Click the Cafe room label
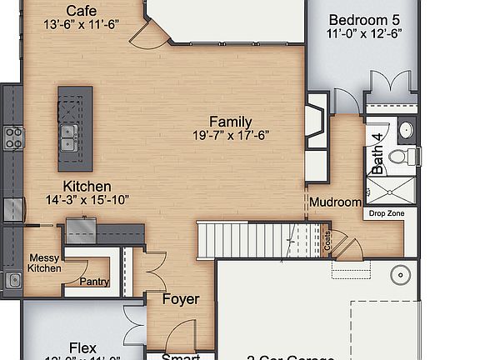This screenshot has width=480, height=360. [x=81, y=10]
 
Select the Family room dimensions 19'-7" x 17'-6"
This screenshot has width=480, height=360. [x=230, y=135]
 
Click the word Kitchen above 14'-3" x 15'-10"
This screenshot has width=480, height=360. [x=87, y=186]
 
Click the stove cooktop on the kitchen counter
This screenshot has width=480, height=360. [x=13, y=137]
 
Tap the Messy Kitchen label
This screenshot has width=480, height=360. [x=45, y=262]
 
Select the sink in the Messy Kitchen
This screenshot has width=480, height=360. [x=13, y=279]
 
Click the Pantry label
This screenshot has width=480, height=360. [x=94, y=282]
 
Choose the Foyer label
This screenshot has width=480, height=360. [x=180, y=299]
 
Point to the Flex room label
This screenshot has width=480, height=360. [x=82, y=347]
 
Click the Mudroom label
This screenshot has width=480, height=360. [x=335, y=202]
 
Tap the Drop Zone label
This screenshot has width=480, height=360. [x=386, y=213]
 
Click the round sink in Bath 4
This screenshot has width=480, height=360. [x=407, y=130]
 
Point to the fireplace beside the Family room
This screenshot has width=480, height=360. [x=315, y=122]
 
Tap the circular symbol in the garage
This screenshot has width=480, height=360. [x=402, y=273]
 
